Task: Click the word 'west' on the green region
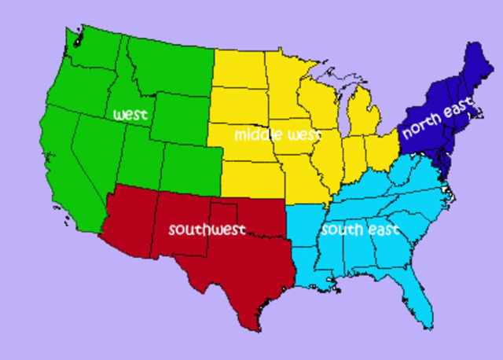130,115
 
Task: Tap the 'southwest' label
207,230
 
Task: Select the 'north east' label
438,118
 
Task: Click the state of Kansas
252,177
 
